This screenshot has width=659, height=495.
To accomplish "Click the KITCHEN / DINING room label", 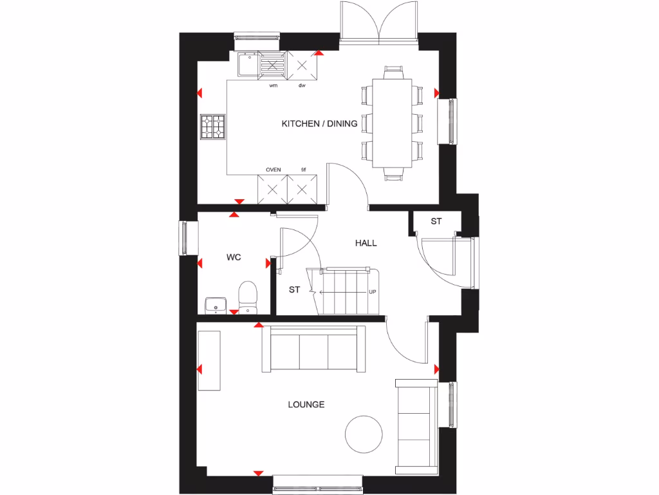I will coord(319,124).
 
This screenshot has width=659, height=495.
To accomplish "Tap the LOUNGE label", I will coord(306,405).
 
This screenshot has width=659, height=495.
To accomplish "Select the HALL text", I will coord(366,243).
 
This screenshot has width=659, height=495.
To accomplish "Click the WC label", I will coord(233,257).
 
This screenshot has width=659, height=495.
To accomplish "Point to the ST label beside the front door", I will coord(436,222).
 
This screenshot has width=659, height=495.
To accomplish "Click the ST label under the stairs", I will coord(294,290).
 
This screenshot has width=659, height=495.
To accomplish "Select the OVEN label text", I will coord(273,170).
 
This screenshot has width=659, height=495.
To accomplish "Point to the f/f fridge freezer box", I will coord(304,189).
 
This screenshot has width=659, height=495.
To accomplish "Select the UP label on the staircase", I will coord(372,292).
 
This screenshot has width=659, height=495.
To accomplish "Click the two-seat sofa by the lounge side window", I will coord(416,422).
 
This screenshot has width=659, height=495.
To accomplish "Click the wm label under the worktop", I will coord(274,85).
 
